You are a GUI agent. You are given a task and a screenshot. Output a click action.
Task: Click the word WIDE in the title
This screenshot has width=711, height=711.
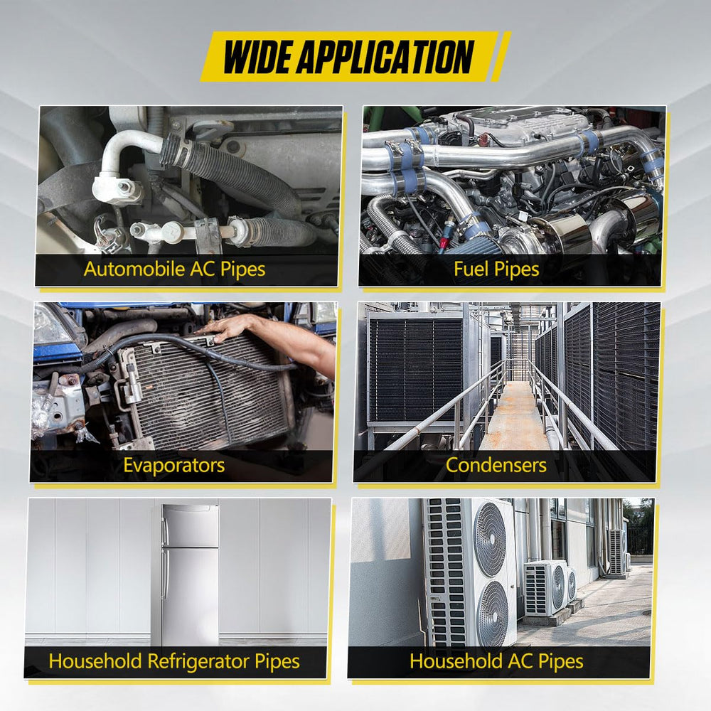pos(259,57)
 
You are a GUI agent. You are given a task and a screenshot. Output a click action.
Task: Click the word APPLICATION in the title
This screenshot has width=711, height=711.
pos(387,57)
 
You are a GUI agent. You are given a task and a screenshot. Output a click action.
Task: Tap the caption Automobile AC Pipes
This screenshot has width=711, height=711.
pos(175,269)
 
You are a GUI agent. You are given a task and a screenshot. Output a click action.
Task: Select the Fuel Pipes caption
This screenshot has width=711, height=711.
pos(496,269)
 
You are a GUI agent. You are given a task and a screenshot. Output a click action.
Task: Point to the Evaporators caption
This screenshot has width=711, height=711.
pos(174,466)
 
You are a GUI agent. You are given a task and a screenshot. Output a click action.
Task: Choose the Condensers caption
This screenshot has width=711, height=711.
pos(496,466)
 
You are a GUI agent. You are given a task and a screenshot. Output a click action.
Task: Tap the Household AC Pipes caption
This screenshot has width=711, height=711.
pos(496,661)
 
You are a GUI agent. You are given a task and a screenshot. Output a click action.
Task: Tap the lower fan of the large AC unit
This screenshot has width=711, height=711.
pos(493,613)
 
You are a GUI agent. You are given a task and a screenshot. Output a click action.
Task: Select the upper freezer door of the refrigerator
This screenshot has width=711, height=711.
pos(190,526)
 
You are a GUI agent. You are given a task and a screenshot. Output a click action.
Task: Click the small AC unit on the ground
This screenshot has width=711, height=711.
pos(545,587)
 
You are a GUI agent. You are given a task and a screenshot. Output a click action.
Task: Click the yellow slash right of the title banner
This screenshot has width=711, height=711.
pos(501,57)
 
